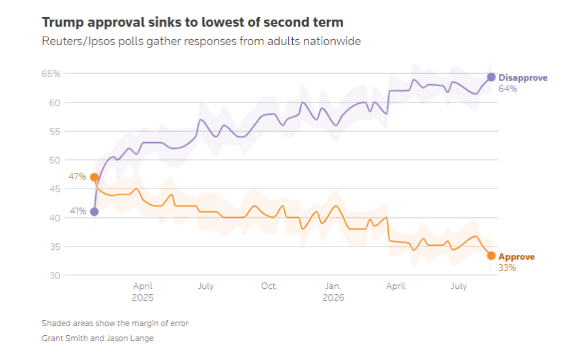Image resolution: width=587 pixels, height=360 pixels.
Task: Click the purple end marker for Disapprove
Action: tap(491, 77)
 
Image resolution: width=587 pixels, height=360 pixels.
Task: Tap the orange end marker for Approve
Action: tap(491, 256)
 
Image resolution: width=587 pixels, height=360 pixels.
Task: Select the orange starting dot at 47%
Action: tap(95, 177)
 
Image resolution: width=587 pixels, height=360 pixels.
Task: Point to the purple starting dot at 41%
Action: tap(95, 212)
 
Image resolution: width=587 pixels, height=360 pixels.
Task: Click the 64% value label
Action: tap(507, 89)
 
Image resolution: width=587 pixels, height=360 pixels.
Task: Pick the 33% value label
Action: tap(507, 267)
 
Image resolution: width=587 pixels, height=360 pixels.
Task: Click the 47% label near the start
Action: tap(77, 176)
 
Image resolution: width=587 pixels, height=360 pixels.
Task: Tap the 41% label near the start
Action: tap(78, 211)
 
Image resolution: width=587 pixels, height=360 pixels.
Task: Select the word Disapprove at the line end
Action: tap(523, 78)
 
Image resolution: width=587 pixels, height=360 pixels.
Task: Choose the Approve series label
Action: tap(517, 257)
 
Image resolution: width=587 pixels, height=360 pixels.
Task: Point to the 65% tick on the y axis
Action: tap(51, 74)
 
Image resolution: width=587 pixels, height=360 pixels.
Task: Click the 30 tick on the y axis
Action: tap(55, 275)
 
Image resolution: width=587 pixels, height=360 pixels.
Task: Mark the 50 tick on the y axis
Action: tap(55, 160)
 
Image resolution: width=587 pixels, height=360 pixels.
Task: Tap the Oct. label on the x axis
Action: tap(269, 286)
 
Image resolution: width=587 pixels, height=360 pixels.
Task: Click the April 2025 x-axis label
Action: tap(143, 292)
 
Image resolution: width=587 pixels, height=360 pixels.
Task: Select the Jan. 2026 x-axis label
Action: tap(333, 292)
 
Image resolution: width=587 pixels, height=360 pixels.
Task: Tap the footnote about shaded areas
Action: tap(115, 323)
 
